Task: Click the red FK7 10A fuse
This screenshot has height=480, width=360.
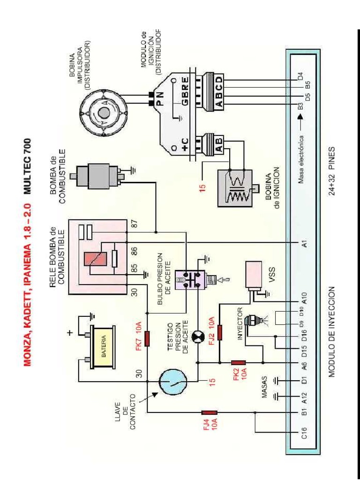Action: [147, 338]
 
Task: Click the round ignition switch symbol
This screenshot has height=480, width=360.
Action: [171, 382]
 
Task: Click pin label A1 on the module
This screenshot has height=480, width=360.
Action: [303, 243]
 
